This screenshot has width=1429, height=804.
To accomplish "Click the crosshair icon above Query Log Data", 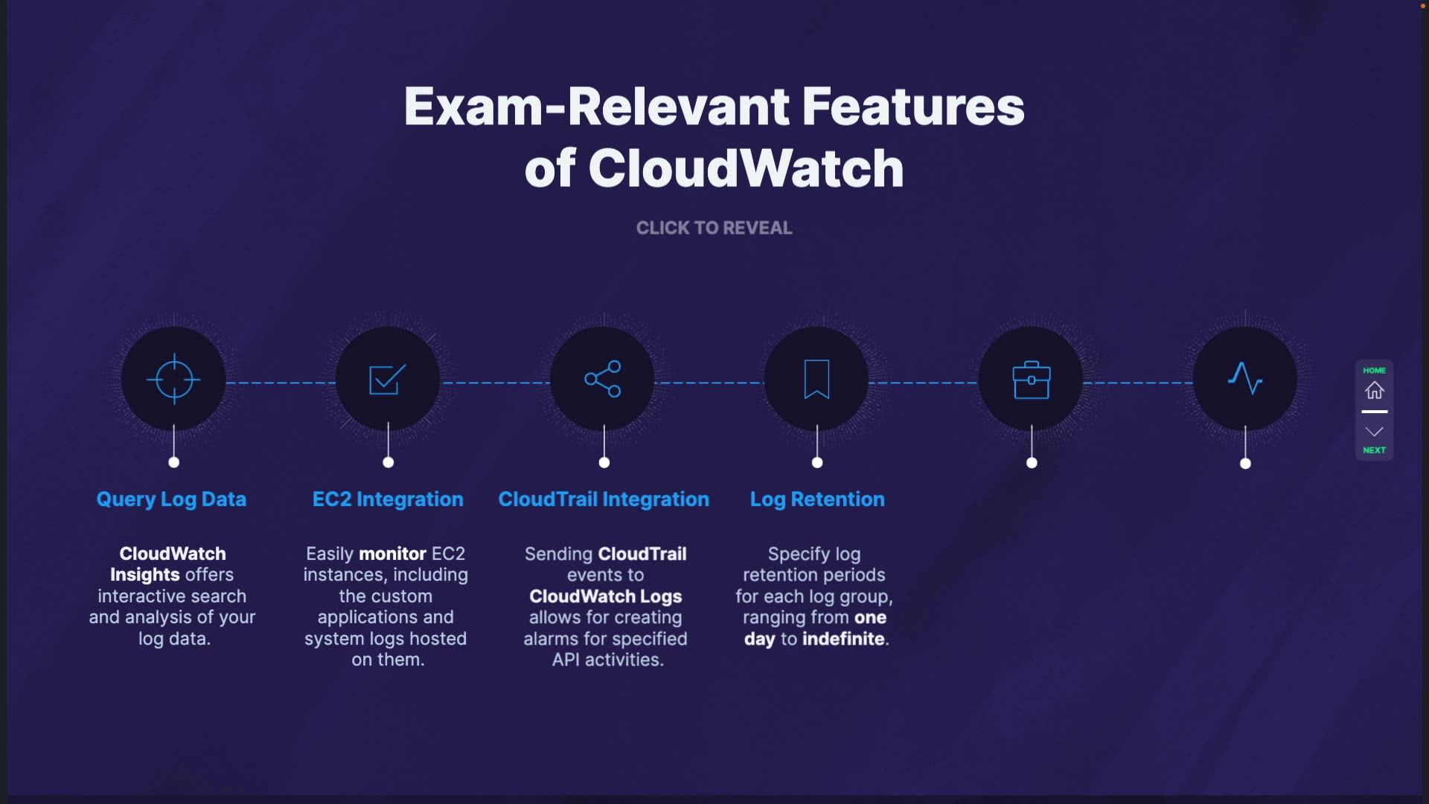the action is click(173, 379).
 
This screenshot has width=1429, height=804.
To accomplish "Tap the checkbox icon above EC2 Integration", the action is click(388, 379).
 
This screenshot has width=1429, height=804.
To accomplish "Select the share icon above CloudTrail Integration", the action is click(603, 379).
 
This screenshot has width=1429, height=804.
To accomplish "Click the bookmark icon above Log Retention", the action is click(816, 379).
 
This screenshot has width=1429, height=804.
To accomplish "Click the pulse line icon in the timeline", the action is click(1245, 378).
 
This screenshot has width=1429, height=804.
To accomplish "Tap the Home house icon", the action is click(1374, 390).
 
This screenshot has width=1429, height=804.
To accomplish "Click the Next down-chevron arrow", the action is click(1374, 432).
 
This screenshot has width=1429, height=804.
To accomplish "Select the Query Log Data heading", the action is click(171, 500).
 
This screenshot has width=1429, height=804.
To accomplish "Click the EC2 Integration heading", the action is click(388, 500).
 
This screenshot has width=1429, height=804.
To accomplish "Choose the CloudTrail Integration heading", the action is click(604, 500).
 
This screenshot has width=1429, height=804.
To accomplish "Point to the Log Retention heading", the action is click(817, 500).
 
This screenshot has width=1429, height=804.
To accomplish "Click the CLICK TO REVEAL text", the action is click(714, 228).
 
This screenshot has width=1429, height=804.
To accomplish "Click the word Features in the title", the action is click(913, 106).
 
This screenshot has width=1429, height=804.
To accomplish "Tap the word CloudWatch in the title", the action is click(746, 168).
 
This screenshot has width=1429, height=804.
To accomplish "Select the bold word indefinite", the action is click(843, 639).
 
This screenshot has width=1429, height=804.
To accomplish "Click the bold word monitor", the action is click(392, 554).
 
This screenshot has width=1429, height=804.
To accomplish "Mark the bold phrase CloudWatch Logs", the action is click(605, 596).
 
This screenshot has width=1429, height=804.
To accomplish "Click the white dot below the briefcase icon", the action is click(1032, 463).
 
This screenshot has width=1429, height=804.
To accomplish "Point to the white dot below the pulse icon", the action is click(1245, 464).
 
